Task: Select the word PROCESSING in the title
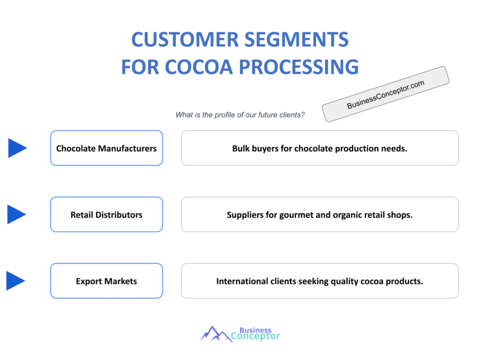tap(300, 67)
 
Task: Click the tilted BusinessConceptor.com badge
tap(385, 94)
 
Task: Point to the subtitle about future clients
tap(240, 115)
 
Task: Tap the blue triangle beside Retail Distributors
tap(17, 215)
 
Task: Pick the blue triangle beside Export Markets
tap(15, 281)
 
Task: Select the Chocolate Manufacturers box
tap(106, 148)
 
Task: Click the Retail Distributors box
tap(106, 215)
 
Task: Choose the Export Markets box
tap(106, 281)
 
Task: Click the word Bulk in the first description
tap(241, 149)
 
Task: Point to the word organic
tap(350, 215)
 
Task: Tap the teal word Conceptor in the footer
tap(255, 336)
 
